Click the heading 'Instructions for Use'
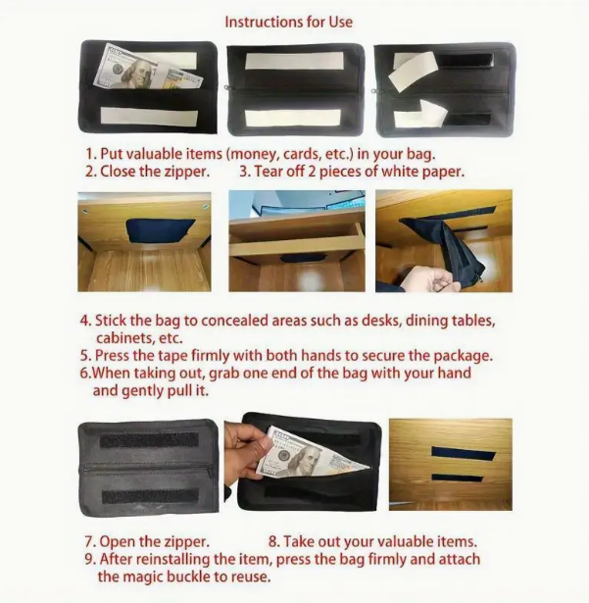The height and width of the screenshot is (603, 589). click(289, 22)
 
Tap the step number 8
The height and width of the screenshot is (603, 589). click(273, 542)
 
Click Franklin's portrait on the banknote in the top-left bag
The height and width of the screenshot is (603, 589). click(139, 74)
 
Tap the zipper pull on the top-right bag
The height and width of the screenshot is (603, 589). click(373, 91)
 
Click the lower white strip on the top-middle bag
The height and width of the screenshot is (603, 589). click(293, 118)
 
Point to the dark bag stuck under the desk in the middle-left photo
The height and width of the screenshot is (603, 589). click(160, 230)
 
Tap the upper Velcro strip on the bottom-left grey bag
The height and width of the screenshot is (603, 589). click(149, 440)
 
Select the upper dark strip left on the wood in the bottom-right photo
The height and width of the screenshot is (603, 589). click(463, 454)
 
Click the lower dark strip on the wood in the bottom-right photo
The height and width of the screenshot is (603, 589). click(463, 478)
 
